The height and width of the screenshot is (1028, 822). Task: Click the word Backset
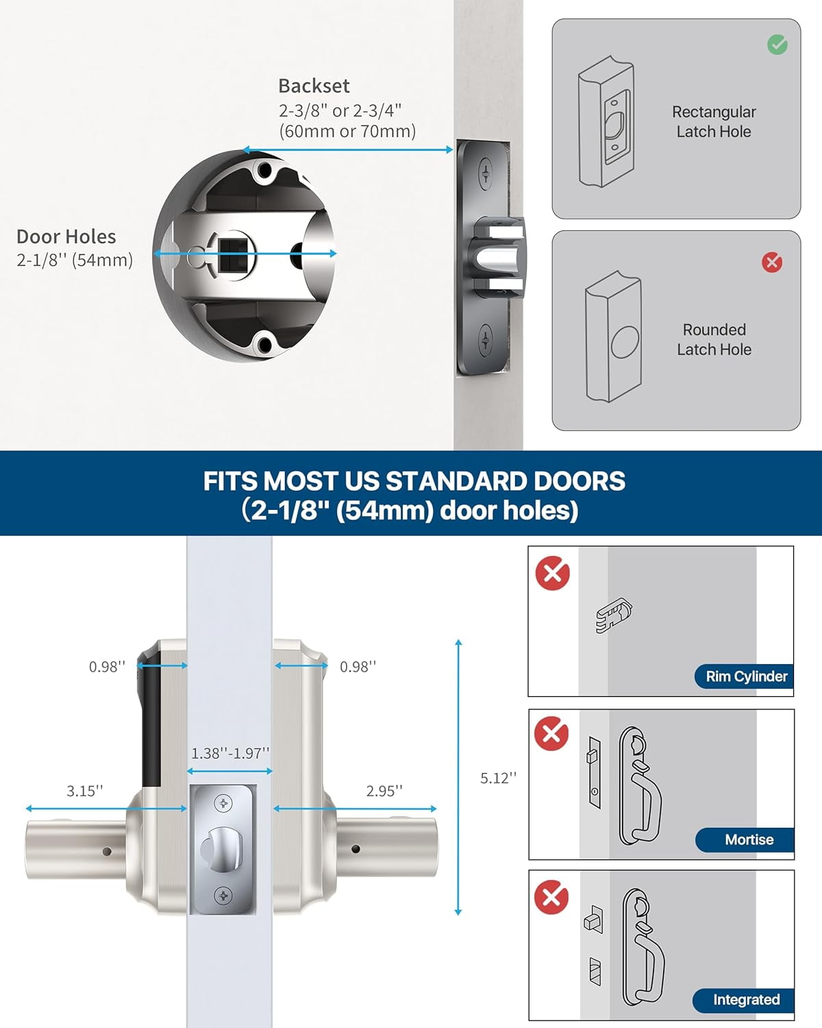tap(314, 86)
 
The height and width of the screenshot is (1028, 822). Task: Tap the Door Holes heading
tap(66, 237)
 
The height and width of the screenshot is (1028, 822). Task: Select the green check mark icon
tap(777, 45)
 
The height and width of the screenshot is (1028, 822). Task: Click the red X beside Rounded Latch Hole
tap(772, 262)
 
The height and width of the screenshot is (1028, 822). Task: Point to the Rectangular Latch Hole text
tap(714, 122)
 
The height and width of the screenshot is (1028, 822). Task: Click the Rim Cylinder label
tap(746, 676)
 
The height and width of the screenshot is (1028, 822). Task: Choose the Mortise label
tap(749, 840)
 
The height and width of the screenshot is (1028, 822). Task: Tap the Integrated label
tap(746, 1000)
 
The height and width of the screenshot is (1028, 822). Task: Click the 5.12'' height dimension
tap(498, 779)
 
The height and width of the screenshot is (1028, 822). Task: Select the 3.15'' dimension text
tap(85, 792)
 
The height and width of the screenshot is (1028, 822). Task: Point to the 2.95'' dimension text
tap(384, 792)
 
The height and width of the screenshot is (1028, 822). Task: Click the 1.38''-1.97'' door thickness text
tap(230, 754)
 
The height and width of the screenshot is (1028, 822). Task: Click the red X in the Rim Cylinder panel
tap(553, 574)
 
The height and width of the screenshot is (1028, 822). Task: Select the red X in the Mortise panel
tap(551, 734)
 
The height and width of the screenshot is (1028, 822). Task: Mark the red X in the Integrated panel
tap(551, 897)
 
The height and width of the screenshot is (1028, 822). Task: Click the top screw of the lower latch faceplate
tap(223, 803)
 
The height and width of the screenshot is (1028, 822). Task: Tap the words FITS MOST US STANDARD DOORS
tap(414, 481)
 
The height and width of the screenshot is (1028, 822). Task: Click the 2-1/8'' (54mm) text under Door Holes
tap(75, 260)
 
